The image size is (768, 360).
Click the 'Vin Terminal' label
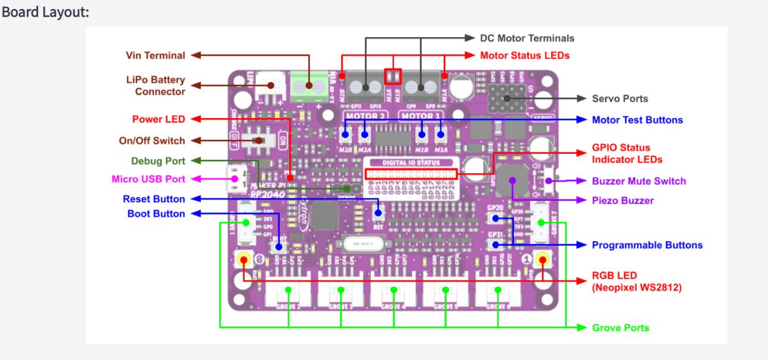155,55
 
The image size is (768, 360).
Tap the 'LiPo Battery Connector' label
155,86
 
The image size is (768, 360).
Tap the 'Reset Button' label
154,199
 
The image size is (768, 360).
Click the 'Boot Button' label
156,214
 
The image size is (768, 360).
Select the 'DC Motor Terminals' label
527,38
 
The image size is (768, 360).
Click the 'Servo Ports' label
620,99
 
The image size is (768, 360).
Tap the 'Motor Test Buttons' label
637,120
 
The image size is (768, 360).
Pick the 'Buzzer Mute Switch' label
638,181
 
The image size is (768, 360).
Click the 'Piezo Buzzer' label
622,201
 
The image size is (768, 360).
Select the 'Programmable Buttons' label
647,245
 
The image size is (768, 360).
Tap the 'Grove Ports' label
620,328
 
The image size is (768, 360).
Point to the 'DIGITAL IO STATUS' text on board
411,163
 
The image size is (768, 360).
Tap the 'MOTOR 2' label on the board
364,116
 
